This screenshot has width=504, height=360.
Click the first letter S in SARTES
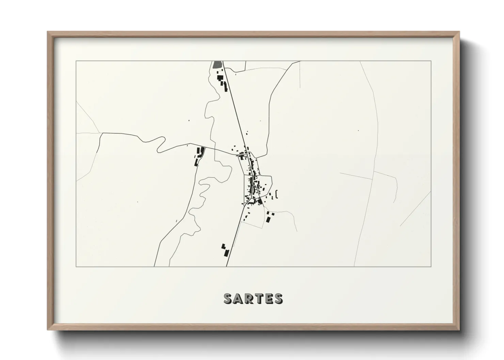[x=228, y=298]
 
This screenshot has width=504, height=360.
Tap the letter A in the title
[x=238, y=298]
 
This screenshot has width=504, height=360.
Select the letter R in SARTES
[x=248, y=298]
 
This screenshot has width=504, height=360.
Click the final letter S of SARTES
[x=278, y=298]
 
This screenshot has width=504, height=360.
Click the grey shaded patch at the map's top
[x=217, y=64]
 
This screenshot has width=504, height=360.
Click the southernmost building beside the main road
[x=226, y=253]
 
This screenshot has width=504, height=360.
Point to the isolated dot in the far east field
[x=358, y=130]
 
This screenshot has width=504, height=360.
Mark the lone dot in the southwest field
[x=138, y=202]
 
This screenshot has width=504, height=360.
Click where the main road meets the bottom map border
[x=227, y=266]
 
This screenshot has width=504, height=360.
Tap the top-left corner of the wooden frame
[x=48, y=32]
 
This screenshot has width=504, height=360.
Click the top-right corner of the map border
[x=431, y=61]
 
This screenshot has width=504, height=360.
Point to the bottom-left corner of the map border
[x=76, y=266]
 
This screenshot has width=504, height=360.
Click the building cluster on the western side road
[x=199, y=156]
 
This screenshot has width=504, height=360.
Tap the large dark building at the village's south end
[x=260, y=201]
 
